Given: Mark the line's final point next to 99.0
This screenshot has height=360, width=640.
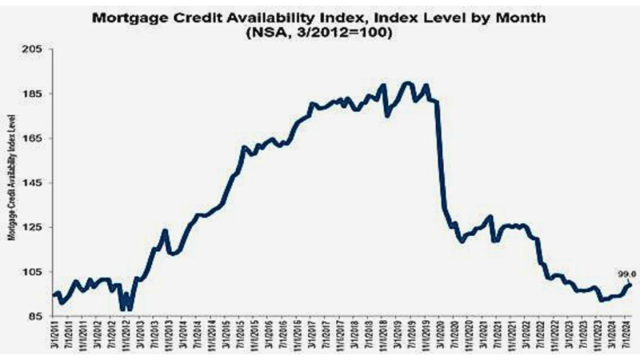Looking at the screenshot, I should [x=630, y=283].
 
